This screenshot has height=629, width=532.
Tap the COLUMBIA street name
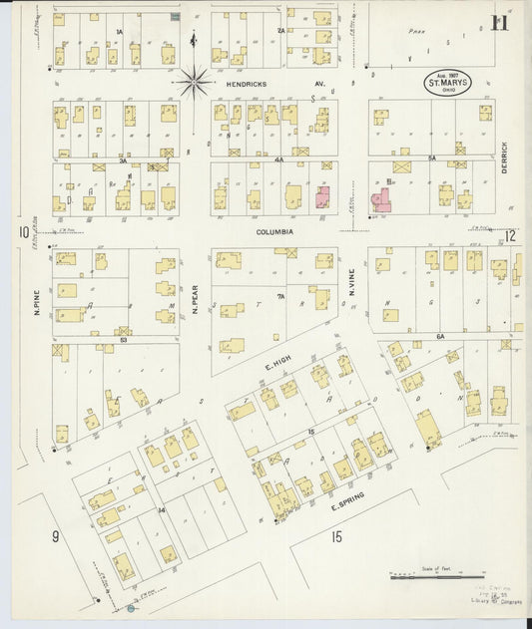click(x=273, y=231)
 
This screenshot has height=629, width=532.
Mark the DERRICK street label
click(x=506, y=155)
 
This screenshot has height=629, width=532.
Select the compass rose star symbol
click(x=193, y=79)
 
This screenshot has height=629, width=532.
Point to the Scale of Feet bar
click(x=436, y=576)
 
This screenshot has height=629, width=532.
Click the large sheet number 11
click(x=499, y=23)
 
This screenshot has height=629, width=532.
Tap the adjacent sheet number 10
click(x=22, y=233)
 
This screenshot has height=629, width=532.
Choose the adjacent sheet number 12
click(x=509, y=236)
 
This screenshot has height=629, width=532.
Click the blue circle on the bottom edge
click(x=131, y=608)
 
